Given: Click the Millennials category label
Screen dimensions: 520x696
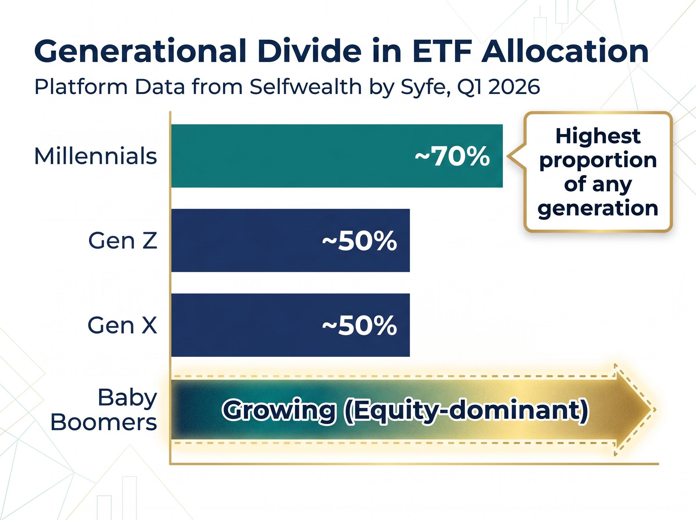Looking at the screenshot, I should coord(95,156).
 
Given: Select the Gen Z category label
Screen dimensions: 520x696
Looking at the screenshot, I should coord(122,241).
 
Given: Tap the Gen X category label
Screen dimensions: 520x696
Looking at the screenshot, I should coord(122,325).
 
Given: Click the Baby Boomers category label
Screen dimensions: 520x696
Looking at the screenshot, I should coord(104,409).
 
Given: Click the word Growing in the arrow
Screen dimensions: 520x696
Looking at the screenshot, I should coord(279,410).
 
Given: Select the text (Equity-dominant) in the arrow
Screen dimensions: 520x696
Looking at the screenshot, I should coord(465,410).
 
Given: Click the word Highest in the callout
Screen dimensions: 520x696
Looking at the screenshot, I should coord(598,136).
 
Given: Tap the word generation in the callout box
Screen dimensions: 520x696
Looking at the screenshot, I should coord(598,208).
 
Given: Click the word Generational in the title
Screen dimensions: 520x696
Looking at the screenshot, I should coord(139,51).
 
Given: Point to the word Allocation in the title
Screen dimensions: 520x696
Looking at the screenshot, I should coord(565,51).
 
